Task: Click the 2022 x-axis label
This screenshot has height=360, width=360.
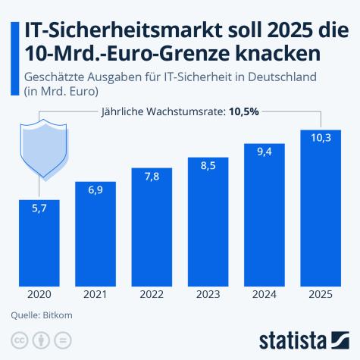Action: click(152, 295)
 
